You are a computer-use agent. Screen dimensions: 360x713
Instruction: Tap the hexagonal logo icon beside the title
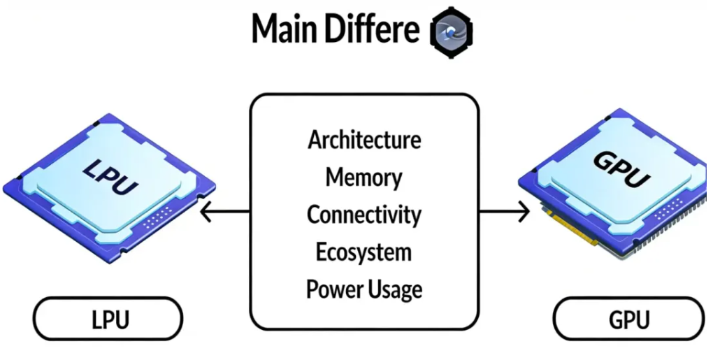(450, 31)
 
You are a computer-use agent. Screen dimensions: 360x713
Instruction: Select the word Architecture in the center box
(364, 139)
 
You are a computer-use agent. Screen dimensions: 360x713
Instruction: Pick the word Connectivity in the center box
(364, 214)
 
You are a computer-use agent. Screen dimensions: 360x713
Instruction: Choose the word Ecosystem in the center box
(364, 251)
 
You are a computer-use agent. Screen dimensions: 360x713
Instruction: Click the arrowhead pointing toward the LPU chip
(204, 211)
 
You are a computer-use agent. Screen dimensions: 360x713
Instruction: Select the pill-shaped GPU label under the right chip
(628, 319)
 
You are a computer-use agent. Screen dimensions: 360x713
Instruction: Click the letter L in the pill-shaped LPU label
(96, 319)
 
